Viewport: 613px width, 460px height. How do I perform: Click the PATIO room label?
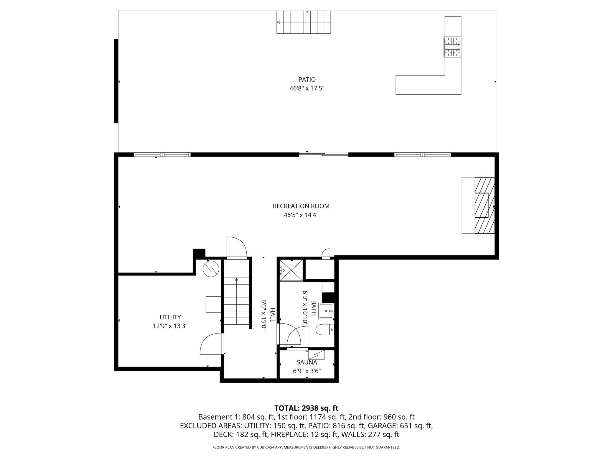pyautogui.click(x=307, y=79)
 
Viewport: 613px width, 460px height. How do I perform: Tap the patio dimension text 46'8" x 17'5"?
pyautogui.click(x=307, y=88)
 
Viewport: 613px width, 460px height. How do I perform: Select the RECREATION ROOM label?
pyautogui.click(x=301, y=206)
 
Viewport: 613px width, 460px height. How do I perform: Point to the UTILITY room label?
pyautogui.click(x=170, y=317)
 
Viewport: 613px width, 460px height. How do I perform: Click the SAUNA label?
pyautogui.click(x=307, y=362)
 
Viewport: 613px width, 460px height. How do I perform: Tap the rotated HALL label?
pyautogui.click(x=272, y=315)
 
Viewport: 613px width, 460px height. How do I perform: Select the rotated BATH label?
pyautogui.click(x=314, y=308)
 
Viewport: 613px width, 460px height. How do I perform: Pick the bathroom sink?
pyautogui.click(x=327, y=311)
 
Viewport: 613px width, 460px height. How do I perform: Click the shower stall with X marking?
pyautogui.click(x=291, y=270)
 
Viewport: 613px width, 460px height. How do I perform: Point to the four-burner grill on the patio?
pyautogui.click(x=452, y=47)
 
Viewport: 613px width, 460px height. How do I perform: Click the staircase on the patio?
pyautogui.click(x=304, y=22)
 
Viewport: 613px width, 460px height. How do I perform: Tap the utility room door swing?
pyautogui.click(x=211, y=344)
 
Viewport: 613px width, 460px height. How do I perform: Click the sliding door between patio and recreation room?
pyautogui.click(x=324, y=154)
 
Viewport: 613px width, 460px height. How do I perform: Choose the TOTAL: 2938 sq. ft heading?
pyautogui.click(x=306, y=408)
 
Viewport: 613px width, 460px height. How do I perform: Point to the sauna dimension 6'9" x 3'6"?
pyautogui.click(x=307, y=371)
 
